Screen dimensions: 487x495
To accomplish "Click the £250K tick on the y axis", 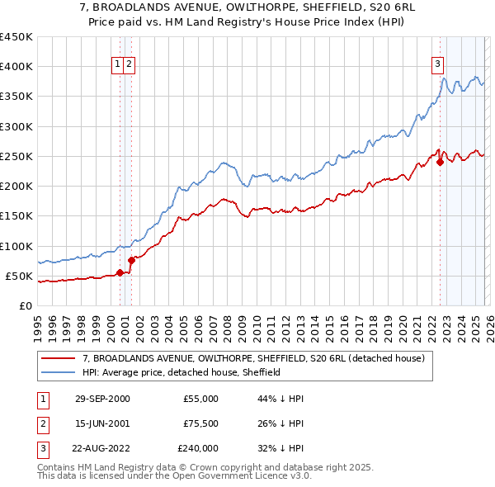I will pos(16,156).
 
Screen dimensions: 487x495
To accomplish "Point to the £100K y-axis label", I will pos(16,246).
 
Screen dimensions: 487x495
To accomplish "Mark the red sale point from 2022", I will pos(440,162).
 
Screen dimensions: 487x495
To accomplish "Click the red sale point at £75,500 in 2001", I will pos(131,260).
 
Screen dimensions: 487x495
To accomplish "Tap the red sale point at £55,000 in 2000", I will pos(120,272).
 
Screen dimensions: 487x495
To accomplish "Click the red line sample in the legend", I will pos(59,358).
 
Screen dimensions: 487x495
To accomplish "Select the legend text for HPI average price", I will pos(181,372).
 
